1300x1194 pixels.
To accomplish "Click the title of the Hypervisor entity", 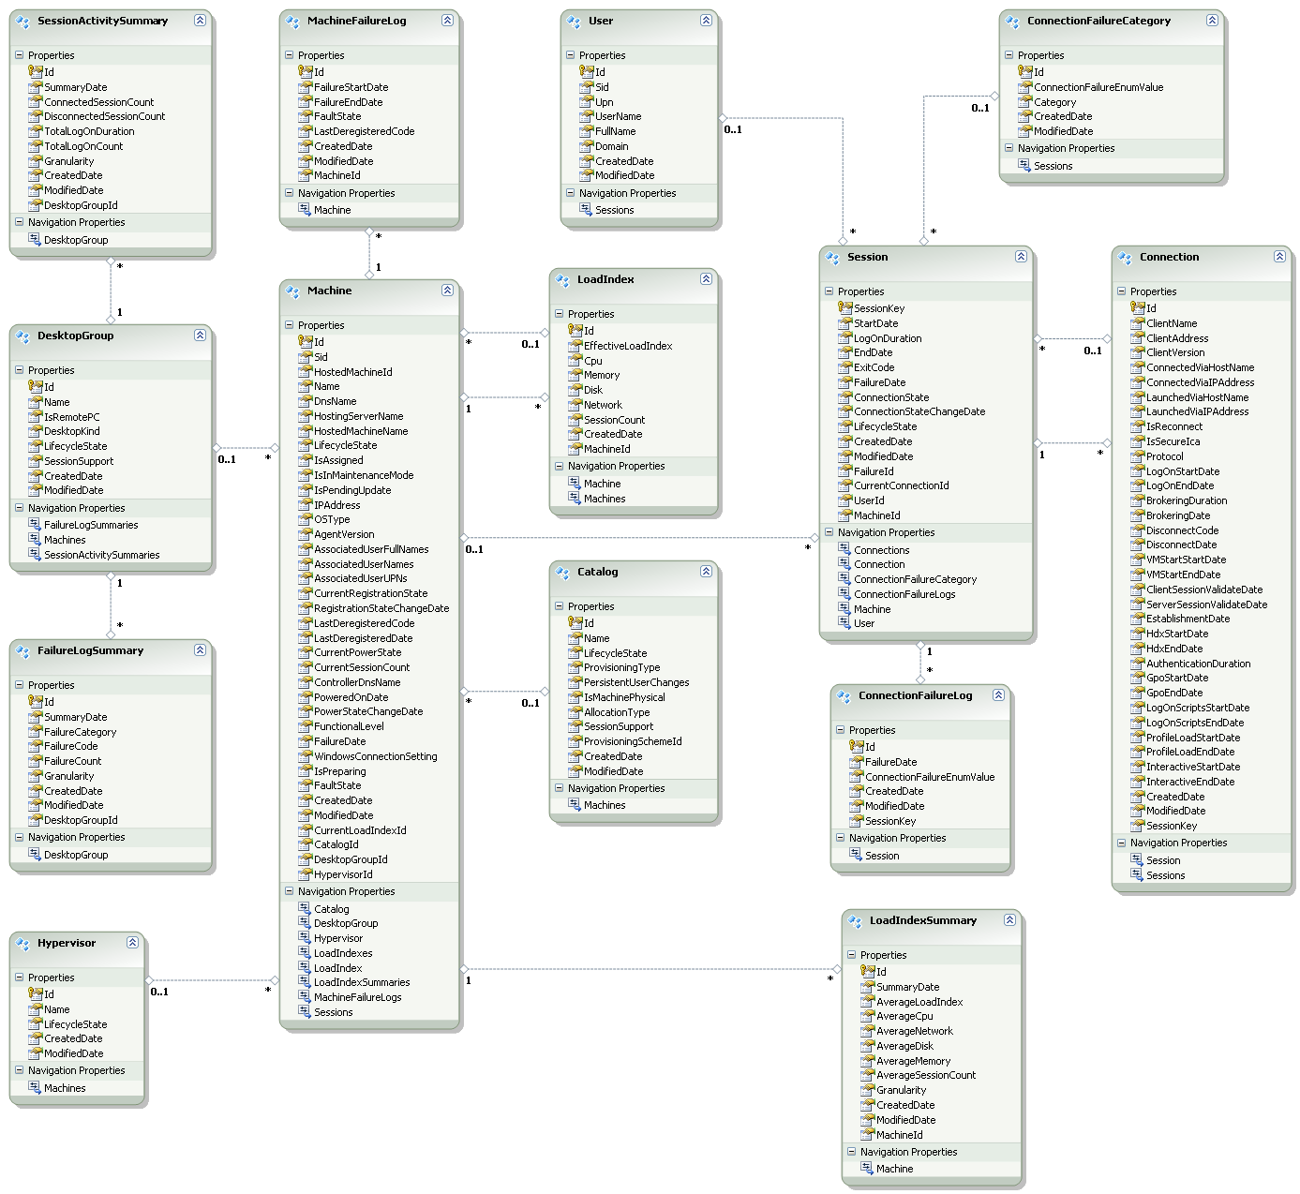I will coord(67,943).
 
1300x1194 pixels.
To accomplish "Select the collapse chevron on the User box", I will coord(706,20).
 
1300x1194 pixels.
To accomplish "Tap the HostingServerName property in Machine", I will coord(358,416).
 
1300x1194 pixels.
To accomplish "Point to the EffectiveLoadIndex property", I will coord(628,346).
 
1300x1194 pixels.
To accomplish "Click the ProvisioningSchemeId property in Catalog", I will coord(633,741).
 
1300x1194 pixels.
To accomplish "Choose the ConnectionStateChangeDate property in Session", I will coord(919,411).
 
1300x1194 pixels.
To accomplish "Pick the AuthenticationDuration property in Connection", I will coord(1198,664).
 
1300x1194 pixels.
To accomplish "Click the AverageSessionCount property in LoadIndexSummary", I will coord(926,1075).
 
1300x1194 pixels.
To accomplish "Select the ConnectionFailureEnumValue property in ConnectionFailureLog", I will coord(930,777).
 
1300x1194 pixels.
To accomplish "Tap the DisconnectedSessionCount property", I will coord(105,116).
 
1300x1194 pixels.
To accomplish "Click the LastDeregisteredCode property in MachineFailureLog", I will coord(364,131).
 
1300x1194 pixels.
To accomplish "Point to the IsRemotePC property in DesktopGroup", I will coord(72,417).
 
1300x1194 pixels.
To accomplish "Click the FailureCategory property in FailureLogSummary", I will coord(81,732).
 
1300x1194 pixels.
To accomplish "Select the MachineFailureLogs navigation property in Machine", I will coord(357,997).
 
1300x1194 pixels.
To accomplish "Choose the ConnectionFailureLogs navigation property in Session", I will coord(904,594).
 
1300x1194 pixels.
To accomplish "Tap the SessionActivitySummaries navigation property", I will coord(101,555).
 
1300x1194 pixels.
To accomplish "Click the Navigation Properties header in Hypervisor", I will coord(76,1070).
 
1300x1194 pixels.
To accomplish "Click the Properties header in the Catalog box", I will coord(590,606).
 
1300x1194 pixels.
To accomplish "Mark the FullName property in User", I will coord(615,131).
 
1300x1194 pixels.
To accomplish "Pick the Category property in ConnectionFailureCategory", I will coord(1054,102).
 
